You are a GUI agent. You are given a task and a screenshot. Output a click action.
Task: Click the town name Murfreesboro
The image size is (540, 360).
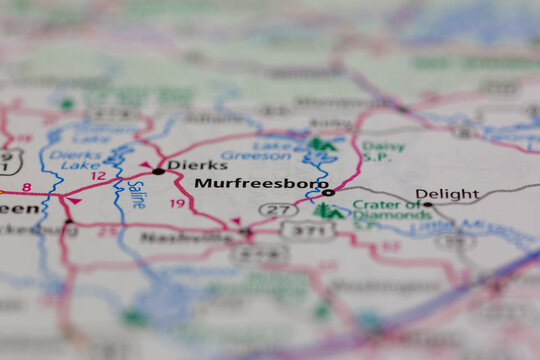[260, 184]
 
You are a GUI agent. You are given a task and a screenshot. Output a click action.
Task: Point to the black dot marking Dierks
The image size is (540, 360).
[158, 171]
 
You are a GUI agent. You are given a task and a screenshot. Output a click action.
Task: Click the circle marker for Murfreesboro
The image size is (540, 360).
[328, 191]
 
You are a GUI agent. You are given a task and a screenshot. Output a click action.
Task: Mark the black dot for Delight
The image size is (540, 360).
[427, 204]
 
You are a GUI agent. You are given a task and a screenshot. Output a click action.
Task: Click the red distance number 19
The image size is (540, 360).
[177, 203]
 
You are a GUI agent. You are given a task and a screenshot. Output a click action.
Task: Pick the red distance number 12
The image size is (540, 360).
[97, 176]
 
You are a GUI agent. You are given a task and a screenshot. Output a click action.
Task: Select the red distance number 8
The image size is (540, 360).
[26, 187]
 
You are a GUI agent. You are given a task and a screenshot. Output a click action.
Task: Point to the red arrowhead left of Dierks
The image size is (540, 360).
[145, 164]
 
